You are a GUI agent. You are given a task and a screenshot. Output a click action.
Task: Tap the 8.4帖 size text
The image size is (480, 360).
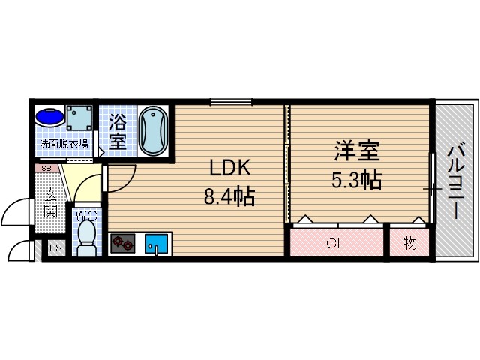(x=229, y=197)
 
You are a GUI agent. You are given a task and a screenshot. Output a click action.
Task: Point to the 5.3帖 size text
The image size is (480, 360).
(x=357, y=180)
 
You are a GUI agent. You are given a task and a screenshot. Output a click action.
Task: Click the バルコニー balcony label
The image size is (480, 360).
(x=455, y=179)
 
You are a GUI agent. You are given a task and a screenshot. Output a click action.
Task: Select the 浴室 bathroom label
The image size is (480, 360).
(x=118, y=131)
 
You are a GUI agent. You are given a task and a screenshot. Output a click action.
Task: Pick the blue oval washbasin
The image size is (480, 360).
(x=49, y=118)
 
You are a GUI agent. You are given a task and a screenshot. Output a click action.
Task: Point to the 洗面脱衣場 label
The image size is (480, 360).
(x=64, y=145)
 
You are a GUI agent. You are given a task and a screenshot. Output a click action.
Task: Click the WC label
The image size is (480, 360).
(x=87, y=214)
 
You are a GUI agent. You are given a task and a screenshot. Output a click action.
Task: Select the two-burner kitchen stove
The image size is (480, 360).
(x=123, y=244)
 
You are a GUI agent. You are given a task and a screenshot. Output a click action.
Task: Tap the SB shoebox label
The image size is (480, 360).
(x=46, y=169)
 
